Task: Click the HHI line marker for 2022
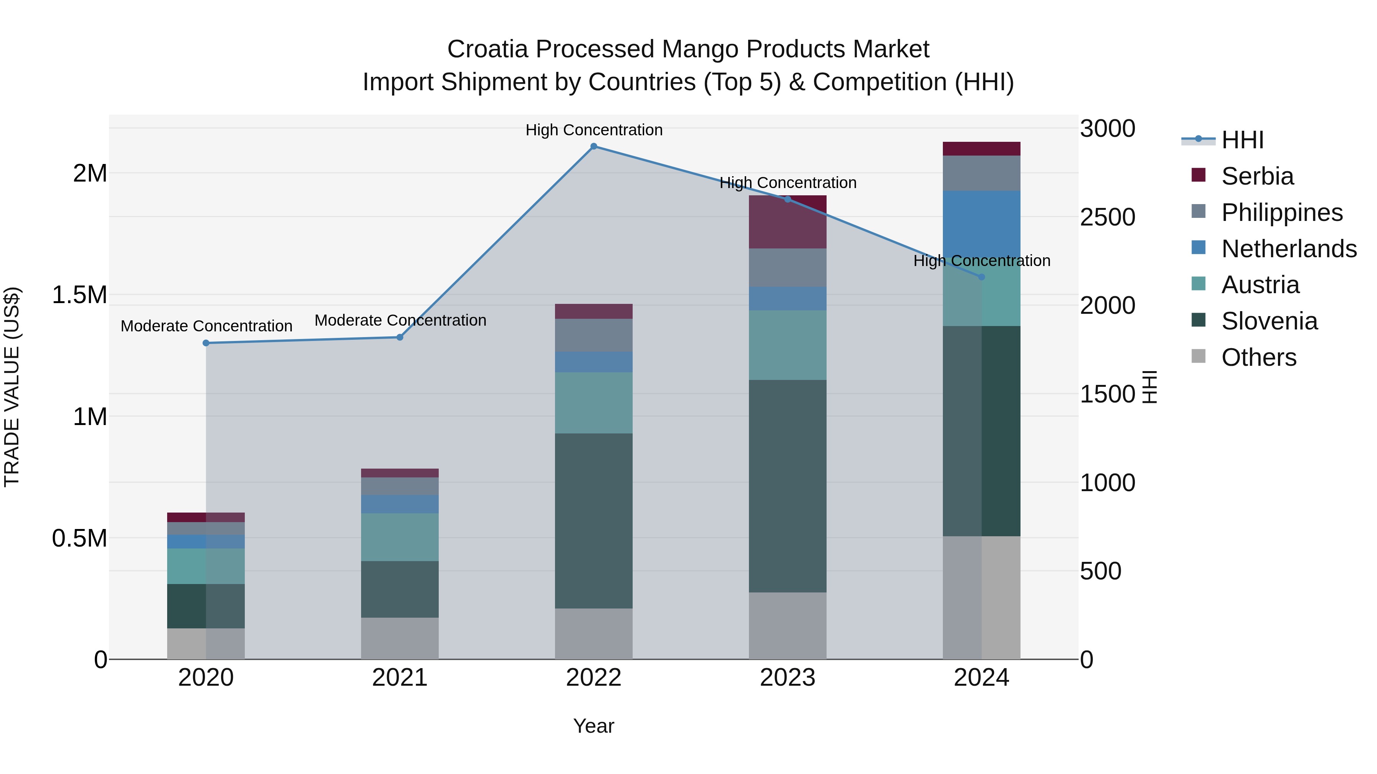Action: coord(593,146)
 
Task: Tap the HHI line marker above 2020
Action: coord(206,343)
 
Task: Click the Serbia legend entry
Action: coord(1257,176)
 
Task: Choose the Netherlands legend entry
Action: coord(1289,249)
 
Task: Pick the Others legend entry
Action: coord(1258,357)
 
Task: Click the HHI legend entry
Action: coord(1242,140)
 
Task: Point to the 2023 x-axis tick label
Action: coord(788,678)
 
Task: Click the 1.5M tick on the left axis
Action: coord(79,295)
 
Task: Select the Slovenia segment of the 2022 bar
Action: coord(593,521)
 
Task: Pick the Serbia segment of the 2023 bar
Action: coord(788,222)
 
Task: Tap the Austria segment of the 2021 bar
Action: coord(399,537)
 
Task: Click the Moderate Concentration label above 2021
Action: coord(400,321)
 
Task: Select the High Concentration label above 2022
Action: coord(593,130)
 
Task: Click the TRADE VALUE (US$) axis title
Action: coord(12,387)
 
